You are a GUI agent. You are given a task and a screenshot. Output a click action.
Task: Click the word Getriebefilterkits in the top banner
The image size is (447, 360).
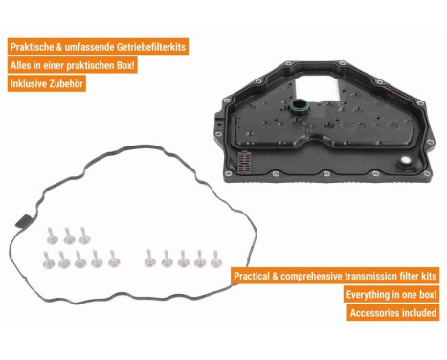pos(151,47)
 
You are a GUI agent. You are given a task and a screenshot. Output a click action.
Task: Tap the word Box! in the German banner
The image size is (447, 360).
pos(125,65)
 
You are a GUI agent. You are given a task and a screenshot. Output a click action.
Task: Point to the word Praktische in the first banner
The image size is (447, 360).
pos(32,47)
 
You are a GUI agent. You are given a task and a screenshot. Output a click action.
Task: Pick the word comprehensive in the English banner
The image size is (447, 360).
pos(302,277)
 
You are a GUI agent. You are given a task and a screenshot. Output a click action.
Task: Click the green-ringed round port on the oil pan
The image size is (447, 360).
pos(300,106)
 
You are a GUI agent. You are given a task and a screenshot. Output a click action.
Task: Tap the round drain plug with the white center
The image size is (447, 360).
pos(405,162)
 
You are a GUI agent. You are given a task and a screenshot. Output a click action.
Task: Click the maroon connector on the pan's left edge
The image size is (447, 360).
pos(245,161)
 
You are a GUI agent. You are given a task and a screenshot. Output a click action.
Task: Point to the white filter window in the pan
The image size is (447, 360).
pos(317,86)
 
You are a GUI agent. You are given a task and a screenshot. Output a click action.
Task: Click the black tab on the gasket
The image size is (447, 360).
pos(23,221)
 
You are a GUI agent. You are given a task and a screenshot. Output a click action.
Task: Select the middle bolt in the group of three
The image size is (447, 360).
pos(69,236)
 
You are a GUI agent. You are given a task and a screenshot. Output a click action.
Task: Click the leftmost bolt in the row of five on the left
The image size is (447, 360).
pos(48,260)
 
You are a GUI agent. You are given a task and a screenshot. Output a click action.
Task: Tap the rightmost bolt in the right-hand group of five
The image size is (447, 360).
pos(216,259)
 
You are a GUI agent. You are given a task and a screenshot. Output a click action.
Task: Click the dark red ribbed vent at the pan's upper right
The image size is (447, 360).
pos(397,98)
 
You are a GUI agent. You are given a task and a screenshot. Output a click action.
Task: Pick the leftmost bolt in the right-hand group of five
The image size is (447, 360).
pos(149,259)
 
